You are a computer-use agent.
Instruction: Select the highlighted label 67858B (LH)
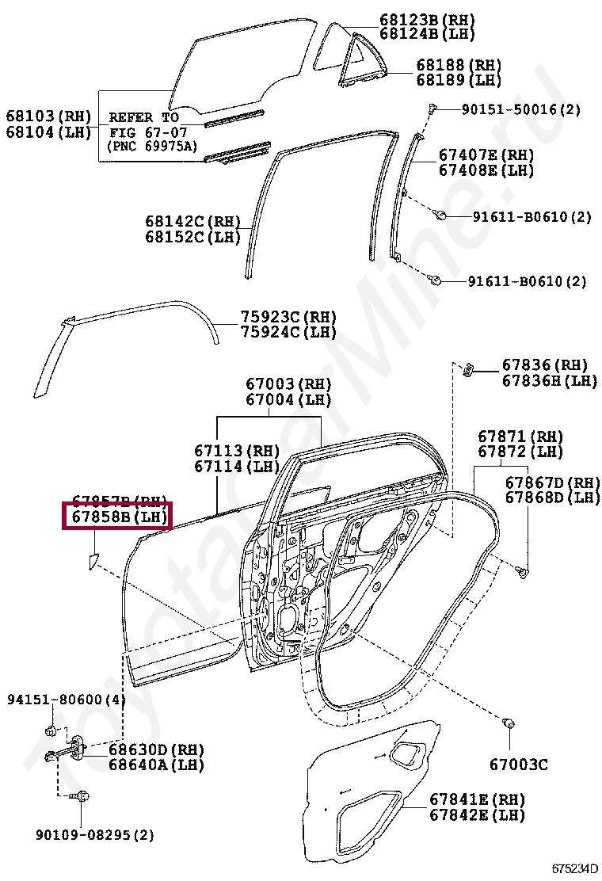click(118, 517)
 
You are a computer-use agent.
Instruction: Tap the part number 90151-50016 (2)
click(521, 109)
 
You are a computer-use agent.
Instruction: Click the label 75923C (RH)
click(288, 317)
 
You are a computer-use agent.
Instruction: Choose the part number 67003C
click(518, 765)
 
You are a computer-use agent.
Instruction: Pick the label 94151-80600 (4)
click(67, 700)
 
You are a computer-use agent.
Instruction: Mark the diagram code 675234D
click(576, 868)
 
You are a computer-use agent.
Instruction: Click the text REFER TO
click(143, 117)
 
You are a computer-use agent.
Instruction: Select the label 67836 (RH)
click(545, 365)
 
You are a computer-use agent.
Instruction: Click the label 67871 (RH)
click(520, 437)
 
